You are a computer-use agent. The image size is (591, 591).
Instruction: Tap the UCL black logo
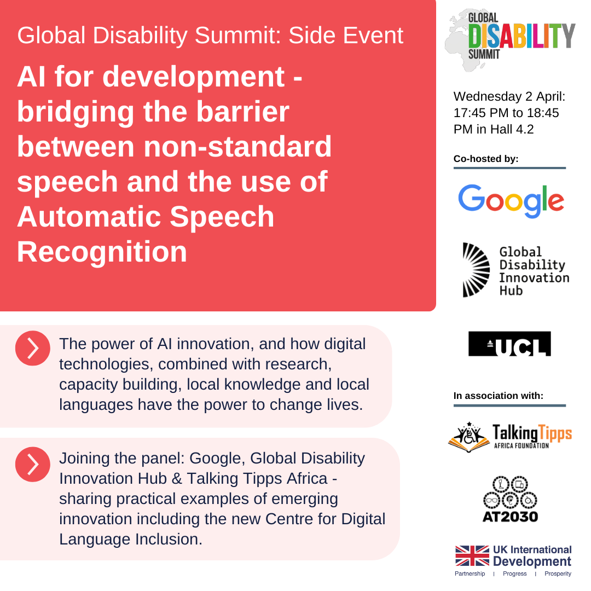pyautogui.click(x=509, y=344)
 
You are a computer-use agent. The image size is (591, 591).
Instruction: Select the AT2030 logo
pyautogui.click(x=510, y=499)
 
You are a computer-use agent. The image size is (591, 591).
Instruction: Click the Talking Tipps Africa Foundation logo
pyautogui.click(x=510, y=436)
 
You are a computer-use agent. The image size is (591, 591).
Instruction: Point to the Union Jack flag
pyautogui.click(x=472, y=555)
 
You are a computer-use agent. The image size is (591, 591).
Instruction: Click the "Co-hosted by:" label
pyautogui.click(x=486, y=159)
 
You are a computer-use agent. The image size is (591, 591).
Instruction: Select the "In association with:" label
pyautogui.click(x=498, y=395)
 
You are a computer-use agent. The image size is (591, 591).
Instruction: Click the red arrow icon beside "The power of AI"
pyautogui.click(x=33, y=348)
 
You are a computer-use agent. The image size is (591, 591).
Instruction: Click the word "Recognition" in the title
pyautogui.click(x=102, y=252)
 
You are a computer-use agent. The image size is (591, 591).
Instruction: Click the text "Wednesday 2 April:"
pyautogui.click(x=509, y=97)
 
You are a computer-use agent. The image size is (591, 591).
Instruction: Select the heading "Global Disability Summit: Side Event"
pyautogui.click(x=210, y=36)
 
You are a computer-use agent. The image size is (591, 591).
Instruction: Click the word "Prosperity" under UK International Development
pyautogui.click(x=558, y=573)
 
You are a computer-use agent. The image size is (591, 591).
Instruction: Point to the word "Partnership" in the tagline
pyautogui.click(x=470, y=573)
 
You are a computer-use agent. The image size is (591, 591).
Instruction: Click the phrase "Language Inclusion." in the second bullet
pyautogui.click(x=131, y=538)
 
